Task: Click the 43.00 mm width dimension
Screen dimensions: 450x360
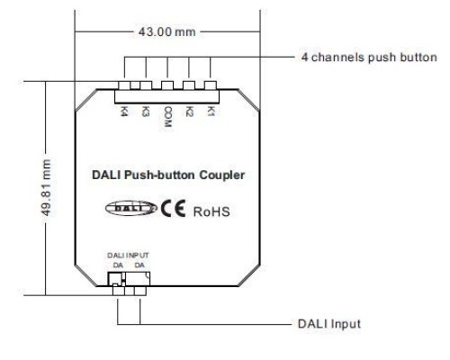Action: pyautogui.click(x=166, y=31)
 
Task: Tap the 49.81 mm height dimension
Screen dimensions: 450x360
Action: pyautogui.click(x=46, y=187)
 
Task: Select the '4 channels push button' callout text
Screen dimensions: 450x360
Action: pyautogui.click(x=369, y=58)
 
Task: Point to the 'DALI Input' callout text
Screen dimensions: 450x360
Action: pyautogui.click(x=329, y=324)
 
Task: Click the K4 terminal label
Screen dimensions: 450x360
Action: pyautogui.click(x=123, y=111)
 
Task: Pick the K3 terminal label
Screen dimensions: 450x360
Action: pyautogui.click(x=145, y=111)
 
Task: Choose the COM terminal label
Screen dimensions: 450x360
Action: pyautogui.click(x=167, y=117)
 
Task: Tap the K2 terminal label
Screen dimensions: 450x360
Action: pyautogui.click(x=189, y=111)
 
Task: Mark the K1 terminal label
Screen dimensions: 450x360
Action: pyautogui.click(x=211, y=111)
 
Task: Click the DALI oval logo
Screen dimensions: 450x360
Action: pyautogui.click(x=130, y=208)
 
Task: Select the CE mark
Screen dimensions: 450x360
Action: pyautogui.click(x=173, y=208)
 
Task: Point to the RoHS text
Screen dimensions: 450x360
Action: pyautogui.click(x=211, y=211)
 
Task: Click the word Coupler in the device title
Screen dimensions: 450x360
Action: pyautogui.click(x=222, y=175)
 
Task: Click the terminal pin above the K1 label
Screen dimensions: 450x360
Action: pyautogui.click(x=211, y=85)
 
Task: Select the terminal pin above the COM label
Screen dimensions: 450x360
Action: pyautogui.click(x=167, y=85)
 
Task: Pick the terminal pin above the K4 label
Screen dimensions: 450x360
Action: pyautogui.click(x=124, y=85)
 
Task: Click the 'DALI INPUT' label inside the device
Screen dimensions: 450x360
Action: pyautogui.click(x=128, y=256)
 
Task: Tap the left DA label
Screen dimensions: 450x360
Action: pyautogui.click(x=118, y=265)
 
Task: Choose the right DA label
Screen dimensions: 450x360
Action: pyautogui.click(x=139, y=265)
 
